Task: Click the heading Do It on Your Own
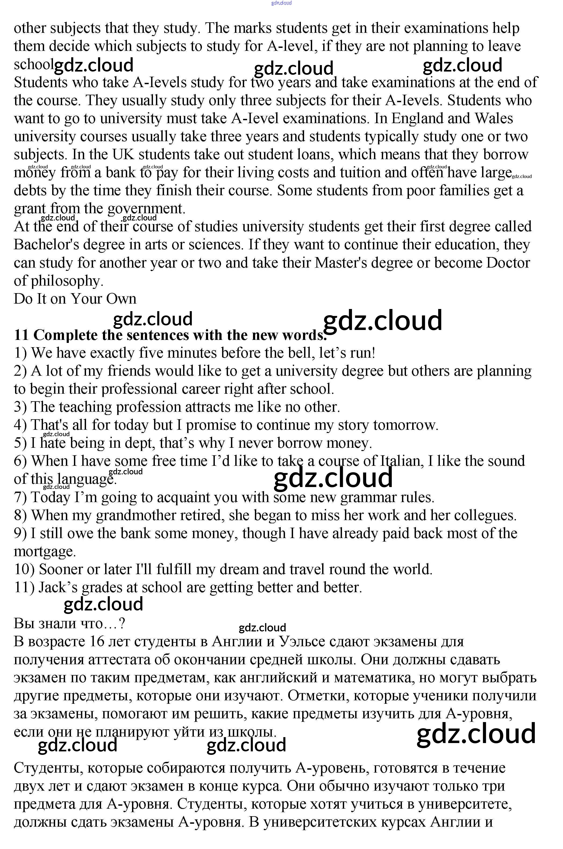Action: click(75, 299)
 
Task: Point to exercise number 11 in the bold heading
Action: click(21, 335)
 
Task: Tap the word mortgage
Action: click(45, 551)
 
